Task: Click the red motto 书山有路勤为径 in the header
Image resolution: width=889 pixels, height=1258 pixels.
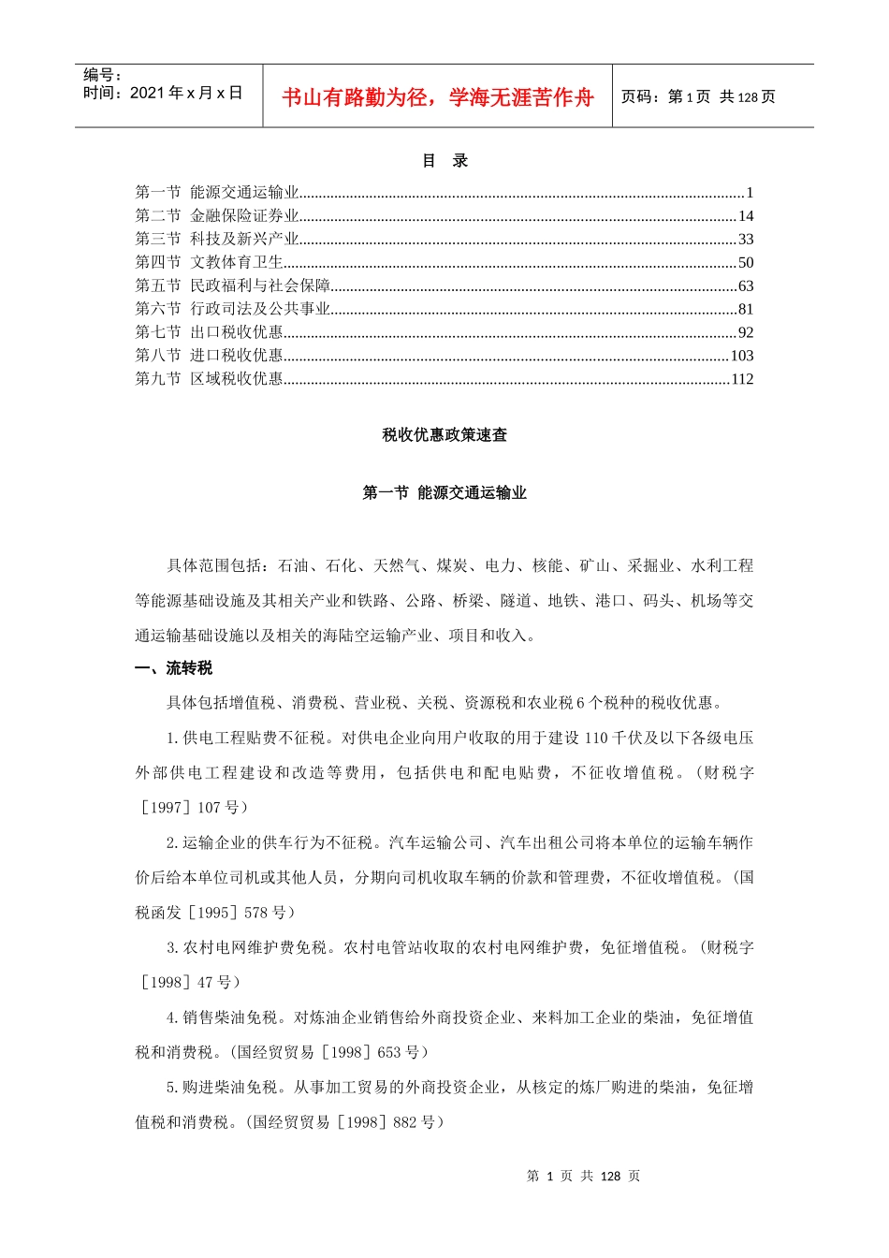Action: click(x=437, y=97)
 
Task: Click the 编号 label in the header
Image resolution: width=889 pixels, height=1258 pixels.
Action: click(x=103, y=75)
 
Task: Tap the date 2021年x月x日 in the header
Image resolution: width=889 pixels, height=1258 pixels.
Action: click(x=163, y=93)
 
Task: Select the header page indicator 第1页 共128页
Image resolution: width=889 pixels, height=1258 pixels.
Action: click(x=698, y=97)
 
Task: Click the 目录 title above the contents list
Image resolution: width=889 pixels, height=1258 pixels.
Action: click(x=444, y=161)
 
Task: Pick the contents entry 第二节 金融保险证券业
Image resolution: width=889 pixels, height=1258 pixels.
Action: click(x=217, y=216)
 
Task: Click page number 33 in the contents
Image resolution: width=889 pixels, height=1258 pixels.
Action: click(x=746, y=240)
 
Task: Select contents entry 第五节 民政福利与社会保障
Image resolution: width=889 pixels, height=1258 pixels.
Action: click(x=233, y=285)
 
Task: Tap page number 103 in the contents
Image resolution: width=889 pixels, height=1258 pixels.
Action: click(x=742, y=356)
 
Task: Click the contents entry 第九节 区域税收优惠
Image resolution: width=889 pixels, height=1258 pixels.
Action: click(x=210, y=379)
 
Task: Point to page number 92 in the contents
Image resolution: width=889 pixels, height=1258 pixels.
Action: click(x=746, y=332)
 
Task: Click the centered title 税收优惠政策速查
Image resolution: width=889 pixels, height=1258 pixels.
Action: click(x=444, y=435)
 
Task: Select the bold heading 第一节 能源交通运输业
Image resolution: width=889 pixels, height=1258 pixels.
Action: click(x=444, y=493)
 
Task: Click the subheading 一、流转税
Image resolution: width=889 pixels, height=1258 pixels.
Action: click(x=174, y=668)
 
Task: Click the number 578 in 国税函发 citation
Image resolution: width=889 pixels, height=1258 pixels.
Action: click(x=255, y=913)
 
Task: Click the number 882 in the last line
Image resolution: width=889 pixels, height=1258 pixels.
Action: click(x=404, y=1122)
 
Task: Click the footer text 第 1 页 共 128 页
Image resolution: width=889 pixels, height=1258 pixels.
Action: click(x=583, y=1177)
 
